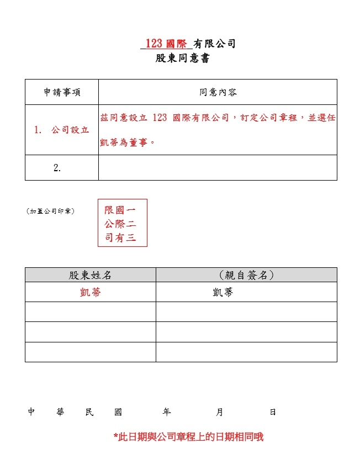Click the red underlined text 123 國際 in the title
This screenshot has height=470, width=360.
166,44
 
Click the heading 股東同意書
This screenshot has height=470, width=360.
182,58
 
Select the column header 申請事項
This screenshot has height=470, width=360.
61,92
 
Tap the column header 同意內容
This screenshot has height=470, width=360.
218,92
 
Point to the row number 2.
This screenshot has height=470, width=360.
57,168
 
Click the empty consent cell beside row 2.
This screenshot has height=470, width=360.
218,168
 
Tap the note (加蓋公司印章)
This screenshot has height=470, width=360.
51,211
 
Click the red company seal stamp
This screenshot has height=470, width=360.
123,223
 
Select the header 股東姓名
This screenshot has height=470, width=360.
90,275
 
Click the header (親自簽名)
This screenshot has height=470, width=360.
246,275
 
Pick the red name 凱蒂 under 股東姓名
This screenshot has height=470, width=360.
90,293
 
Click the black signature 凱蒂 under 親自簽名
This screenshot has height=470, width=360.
223,293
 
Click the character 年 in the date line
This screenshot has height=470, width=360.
167,412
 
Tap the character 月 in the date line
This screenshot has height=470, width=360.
220,412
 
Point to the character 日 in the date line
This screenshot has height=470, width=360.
273,412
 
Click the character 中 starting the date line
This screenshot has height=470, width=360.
31,412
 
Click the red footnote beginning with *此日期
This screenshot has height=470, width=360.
188,437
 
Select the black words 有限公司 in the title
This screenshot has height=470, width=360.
214,44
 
